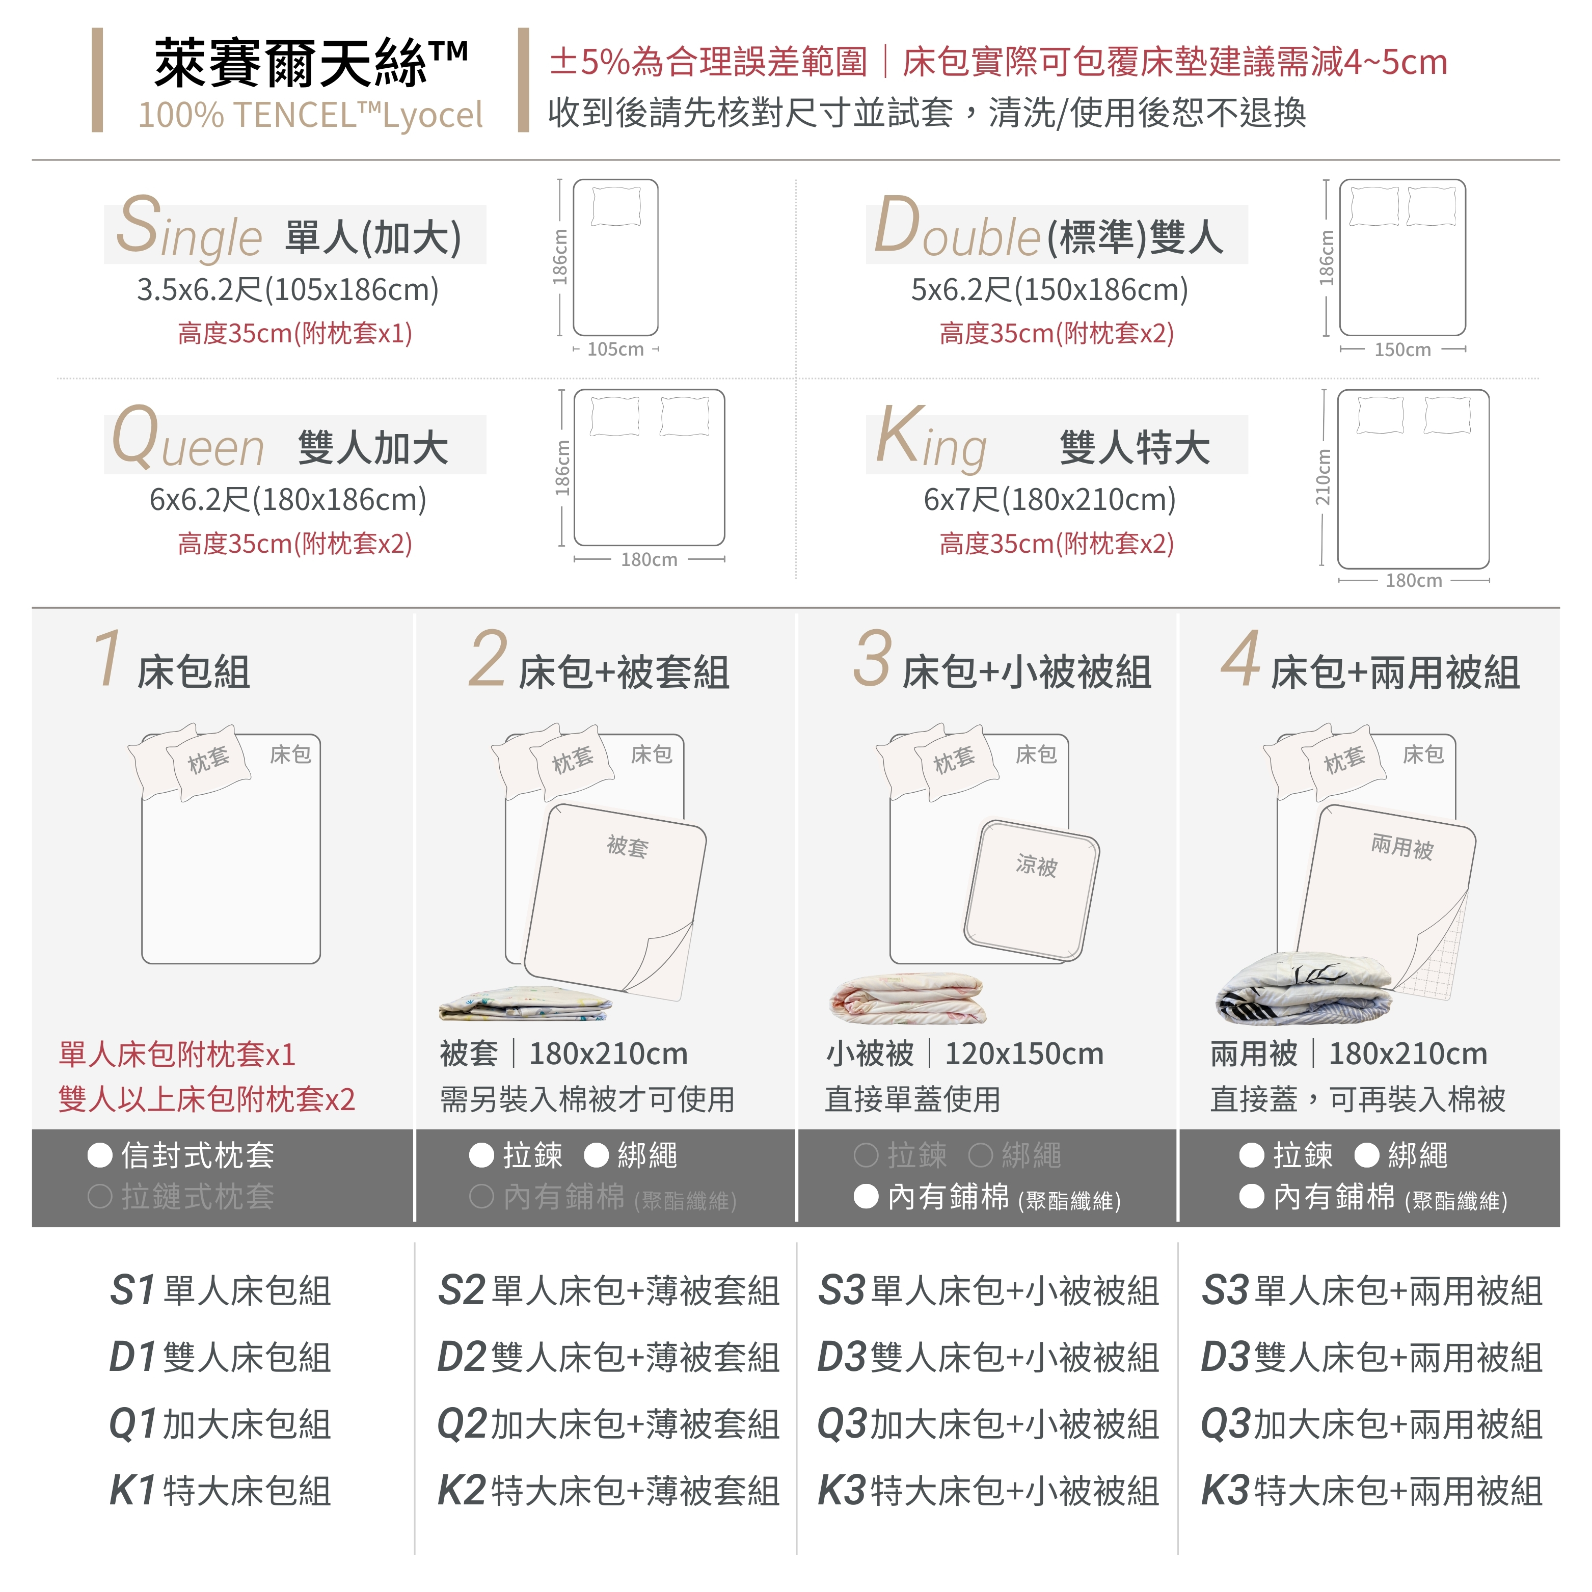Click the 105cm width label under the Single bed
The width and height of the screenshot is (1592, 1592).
click(615, 349)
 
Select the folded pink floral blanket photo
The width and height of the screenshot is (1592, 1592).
click(908, 998)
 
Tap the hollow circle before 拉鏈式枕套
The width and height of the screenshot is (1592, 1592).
click(100, 1197)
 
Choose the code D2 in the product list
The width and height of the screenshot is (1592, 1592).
click(462, 1357)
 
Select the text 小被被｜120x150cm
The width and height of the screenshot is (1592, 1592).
click(965, 1054)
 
